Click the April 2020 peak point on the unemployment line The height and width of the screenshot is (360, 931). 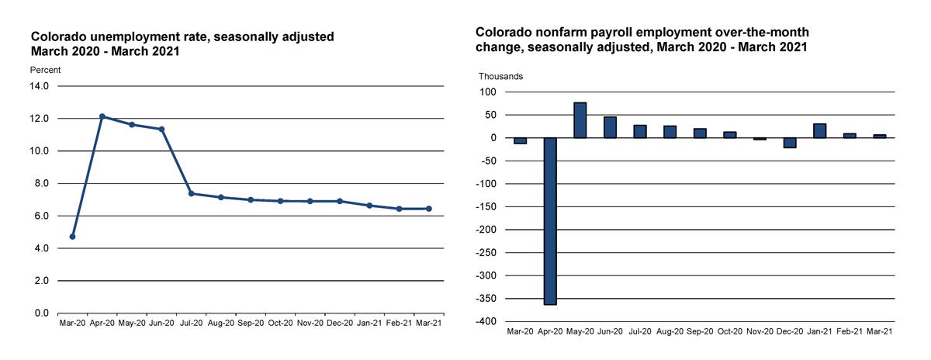coord(102,116)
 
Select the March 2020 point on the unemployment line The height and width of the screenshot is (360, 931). coord(72,236)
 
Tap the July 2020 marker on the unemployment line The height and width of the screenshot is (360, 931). coord(191,193)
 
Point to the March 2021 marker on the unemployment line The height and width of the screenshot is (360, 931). coord(429,209)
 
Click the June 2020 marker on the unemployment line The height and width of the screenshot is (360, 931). coord(161,129)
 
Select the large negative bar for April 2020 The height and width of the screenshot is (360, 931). coord(550,221)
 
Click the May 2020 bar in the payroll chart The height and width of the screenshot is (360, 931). coord(580,120)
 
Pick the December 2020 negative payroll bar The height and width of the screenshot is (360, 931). coord(790,143)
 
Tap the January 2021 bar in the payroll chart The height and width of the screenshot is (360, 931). coord(819,131)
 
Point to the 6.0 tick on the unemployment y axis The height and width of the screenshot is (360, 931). coord(41,216)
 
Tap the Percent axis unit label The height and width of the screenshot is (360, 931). coord(45,70)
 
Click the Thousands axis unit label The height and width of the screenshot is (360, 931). coord(500,76)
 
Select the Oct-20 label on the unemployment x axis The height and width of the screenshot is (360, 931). coord(280,322)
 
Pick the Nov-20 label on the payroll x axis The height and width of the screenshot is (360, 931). coord(760,331)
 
